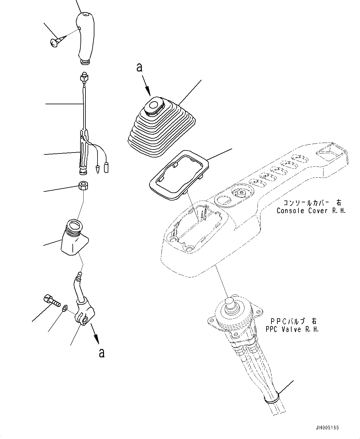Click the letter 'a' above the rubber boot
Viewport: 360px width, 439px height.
click(140, 67)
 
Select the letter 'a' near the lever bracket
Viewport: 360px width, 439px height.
click(101, 353)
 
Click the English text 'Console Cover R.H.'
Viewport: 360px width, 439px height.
click(311, 211)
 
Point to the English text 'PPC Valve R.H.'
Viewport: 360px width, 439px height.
click(292, 329)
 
